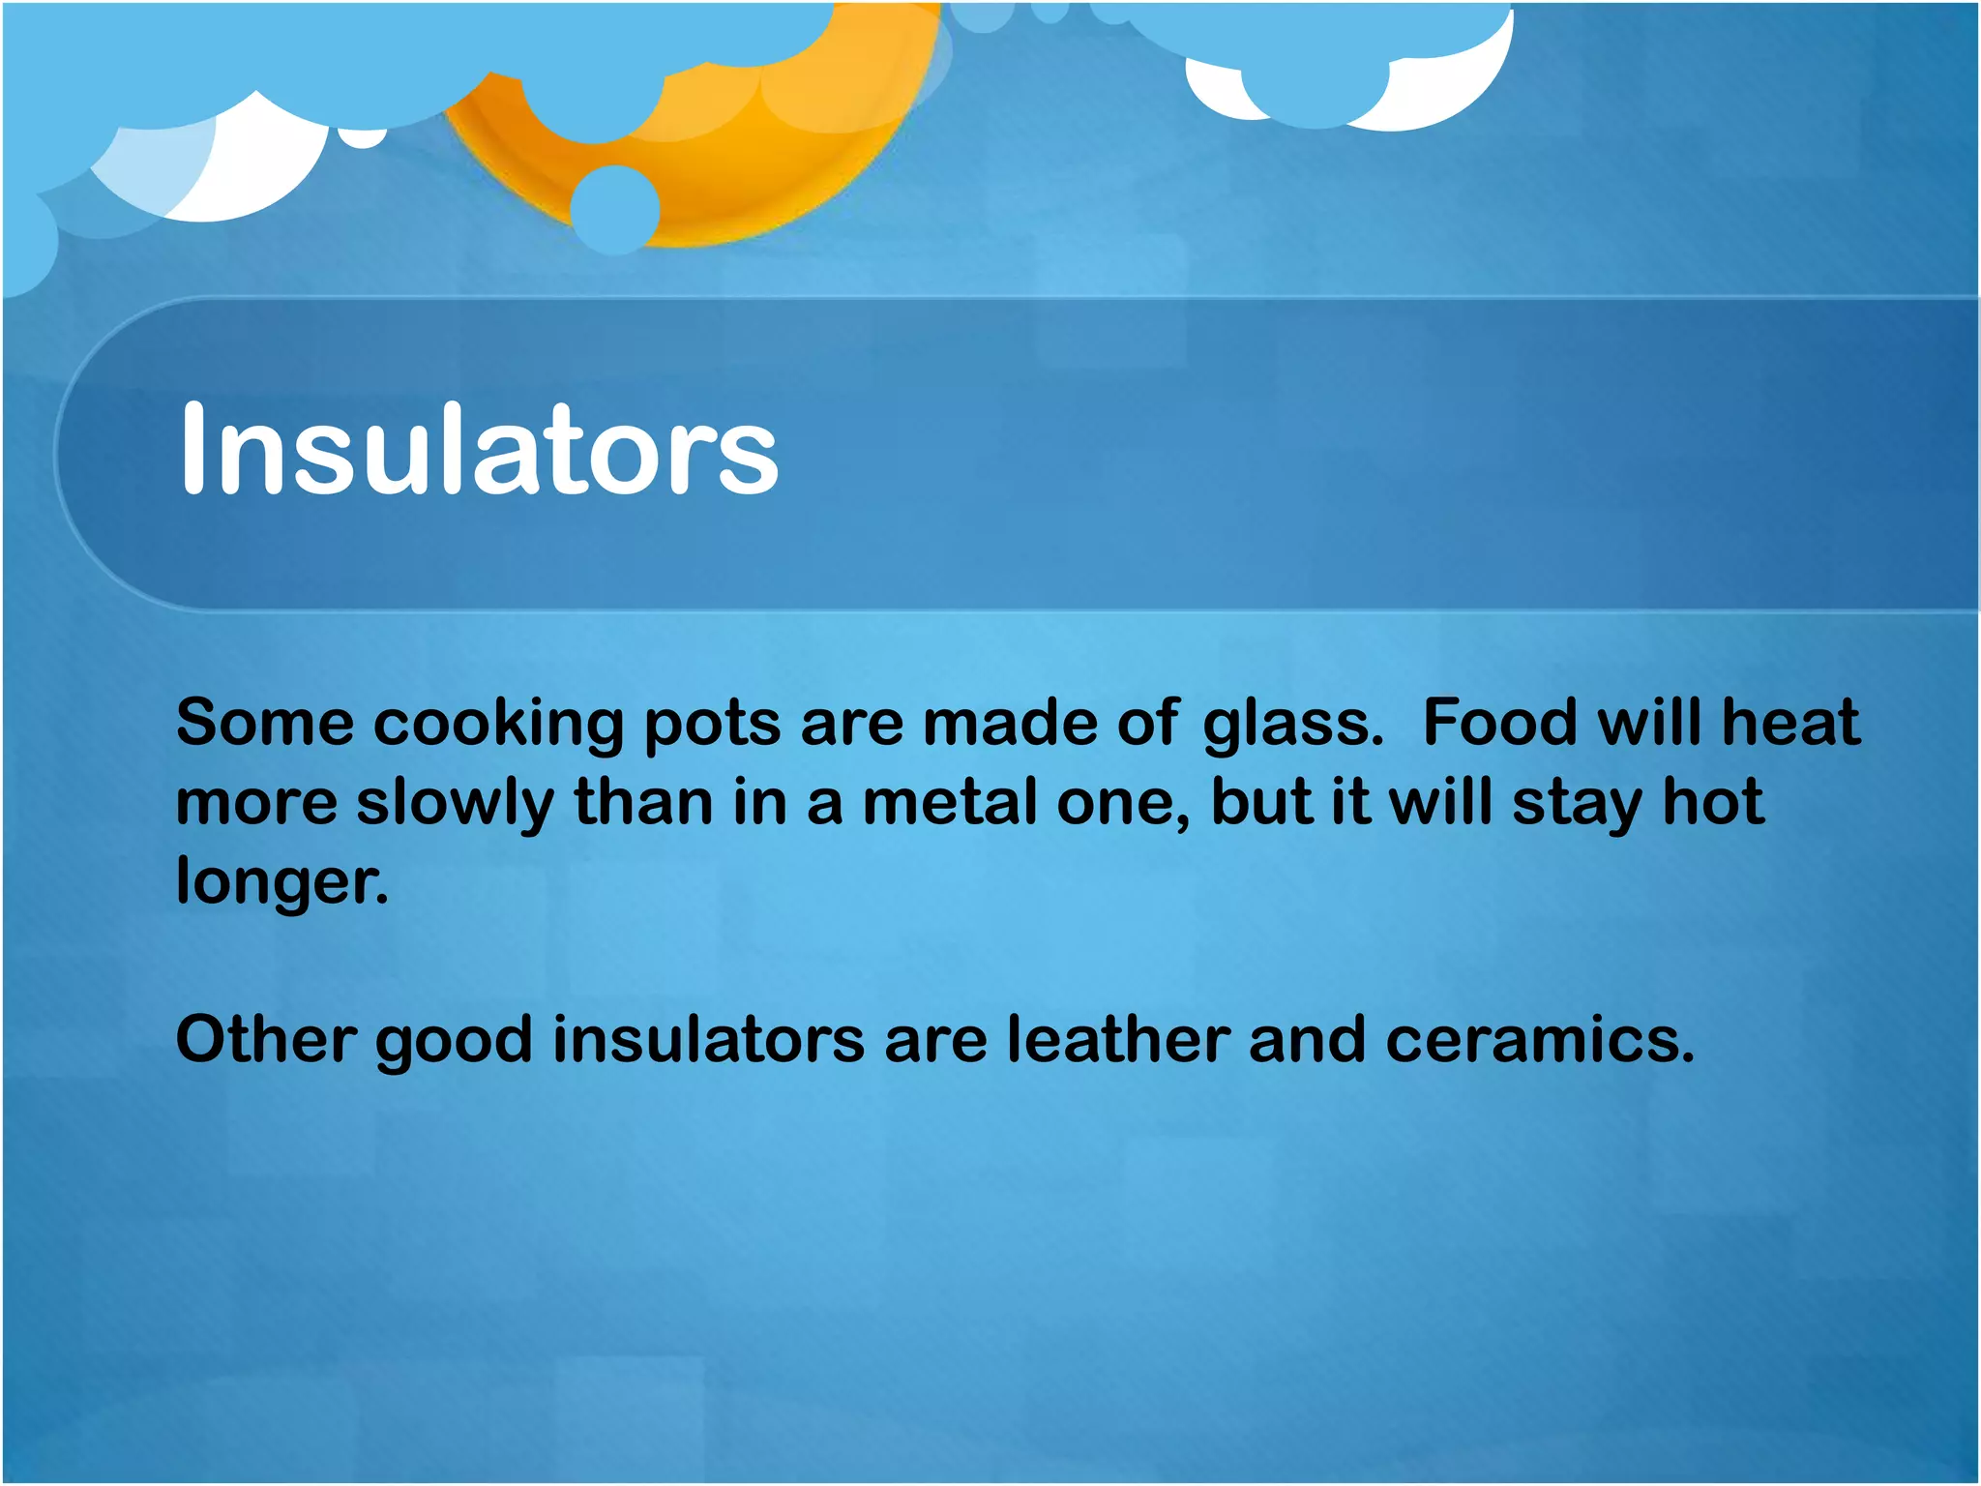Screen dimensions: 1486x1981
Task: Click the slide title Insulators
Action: (479, 451)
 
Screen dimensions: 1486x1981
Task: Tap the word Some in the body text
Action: (265, 723)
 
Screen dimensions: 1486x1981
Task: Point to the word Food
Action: (1500, 723)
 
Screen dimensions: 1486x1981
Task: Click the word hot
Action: (1713, 802)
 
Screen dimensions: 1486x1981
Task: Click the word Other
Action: (265, 1040)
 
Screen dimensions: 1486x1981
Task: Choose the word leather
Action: (1118, 1040)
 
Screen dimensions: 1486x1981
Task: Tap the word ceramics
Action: (1539, 1040)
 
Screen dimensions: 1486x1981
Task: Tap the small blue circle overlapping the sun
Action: (615, 209)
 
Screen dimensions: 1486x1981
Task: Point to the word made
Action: (1011, 723)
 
